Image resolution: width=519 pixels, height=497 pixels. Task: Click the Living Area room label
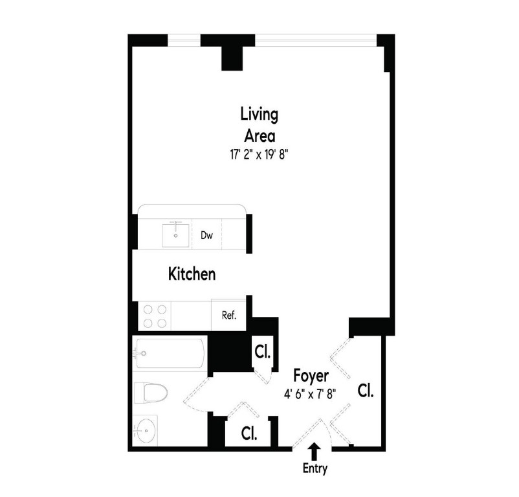pyautogui.click(x=259, y=125)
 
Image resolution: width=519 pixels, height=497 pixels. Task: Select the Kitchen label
pyautogui.click(x=192, y=274)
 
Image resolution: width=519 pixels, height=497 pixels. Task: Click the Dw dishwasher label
pyautogui.click(x=206, y=236)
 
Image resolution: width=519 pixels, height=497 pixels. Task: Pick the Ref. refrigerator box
pyautogui.click(x=229, y=316)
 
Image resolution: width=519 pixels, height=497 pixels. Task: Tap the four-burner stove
pyautogui.click(x=155, y=316)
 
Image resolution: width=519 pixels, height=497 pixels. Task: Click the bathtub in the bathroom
pyautogui.click(x=170, y=354)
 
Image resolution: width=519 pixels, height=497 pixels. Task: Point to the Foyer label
pyautogui.click(x=311, y=376)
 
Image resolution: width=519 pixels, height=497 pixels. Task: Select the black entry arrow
pyautogui.click(x=315, y=450)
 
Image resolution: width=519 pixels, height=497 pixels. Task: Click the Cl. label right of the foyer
pyautogui.click(x=366, y=391)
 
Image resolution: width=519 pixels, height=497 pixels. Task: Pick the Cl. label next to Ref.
pyautogui.click(x=262, y=353)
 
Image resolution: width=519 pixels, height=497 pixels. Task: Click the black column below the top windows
pyautogui.click(x=232, y=57)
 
